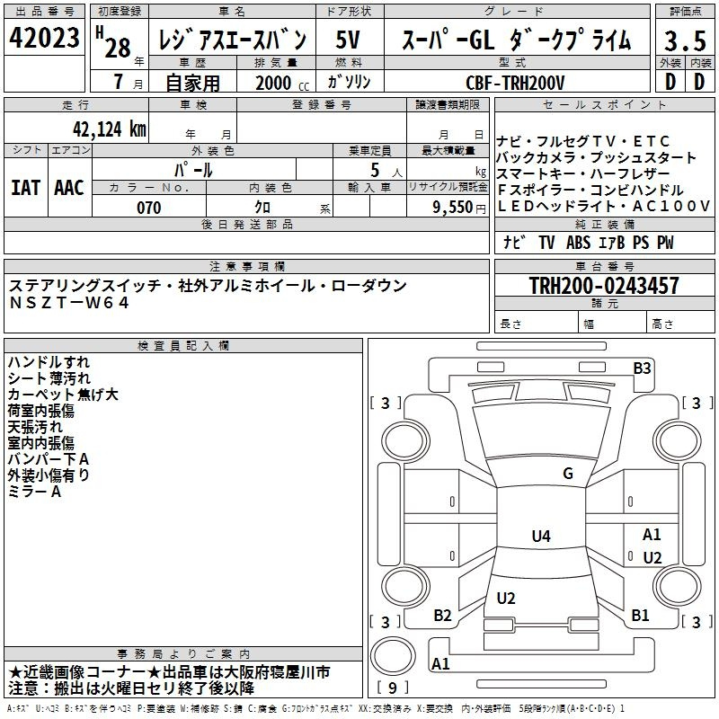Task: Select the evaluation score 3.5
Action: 685,40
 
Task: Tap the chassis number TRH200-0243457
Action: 604,287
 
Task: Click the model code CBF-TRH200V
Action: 515,83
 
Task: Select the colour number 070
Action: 148,208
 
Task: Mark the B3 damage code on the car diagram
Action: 642,368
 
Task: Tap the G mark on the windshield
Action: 567,474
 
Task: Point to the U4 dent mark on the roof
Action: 540,537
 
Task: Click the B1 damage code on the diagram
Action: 640,616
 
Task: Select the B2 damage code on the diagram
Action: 442,616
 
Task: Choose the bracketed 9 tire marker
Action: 393,688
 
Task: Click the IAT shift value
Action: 25,188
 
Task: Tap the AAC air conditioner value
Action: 69,188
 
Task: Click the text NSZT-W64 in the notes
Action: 69,303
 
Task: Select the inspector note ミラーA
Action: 34,492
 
